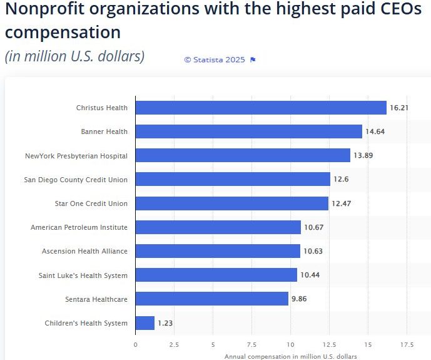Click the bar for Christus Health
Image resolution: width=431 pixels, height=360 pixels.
click(x=261, y=108)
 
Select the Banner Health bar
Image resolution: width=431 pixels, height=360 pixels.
click(x=248, y=131)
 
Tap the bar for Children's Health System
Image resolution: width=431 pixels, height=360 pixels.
click(x=145, y=323)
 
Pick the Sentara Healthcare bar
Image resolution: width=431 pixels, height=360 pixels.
click(x=211, y=299)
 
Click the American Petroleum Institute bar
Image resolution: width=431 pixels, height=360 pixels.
click(x=218, y=227)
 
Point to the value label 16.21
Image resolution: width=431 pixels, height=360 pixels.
click(x=399, y=108)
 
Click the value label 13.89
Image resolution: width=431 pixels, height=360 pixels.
click(x=363, y=156)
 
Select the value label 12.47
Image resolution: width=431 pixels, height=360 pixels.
click(x=341, y=203)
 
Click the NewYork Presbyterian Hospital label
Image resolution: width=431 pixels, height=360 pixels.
click(x=76, y=156)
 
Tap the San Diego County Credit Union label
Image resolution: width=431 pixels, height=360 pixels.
click(x=76, y=180)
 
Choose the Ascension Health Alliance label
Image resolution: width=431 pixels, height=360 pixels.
click(x=84, y=251)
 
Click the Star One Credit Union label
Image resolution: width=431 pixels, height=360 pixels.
click(x=91, y=203)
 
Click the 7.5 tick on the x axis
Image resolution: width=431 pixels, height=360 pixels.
click(x=251, y=344)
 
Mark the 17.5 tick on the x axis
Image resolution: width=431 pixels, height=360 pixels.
click(x=407, y=344)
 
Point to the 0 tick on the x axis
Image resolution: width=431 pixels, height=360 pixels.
click(x=136, y=344)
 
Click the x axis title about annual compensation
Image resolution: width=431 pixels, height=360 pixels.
click(x=290, y=356)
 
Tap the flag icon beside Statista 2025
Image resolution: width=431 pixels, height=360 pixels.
click(x=253, y=59)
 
